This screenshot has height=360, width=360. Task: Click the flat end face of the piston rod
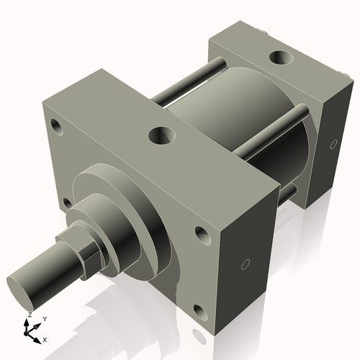[24, 287]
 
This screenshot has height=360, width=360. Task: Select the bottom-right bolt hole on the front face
[200, 311]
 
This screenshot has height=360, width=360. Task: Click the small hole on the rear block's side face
[333, 144]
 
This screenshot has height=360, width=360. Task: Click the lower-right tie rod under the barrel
[288, 193]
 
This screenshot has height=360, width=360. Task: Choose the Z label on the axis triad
[29, 315]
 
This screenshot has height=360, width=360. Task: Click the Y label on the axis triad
[44, 318]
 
